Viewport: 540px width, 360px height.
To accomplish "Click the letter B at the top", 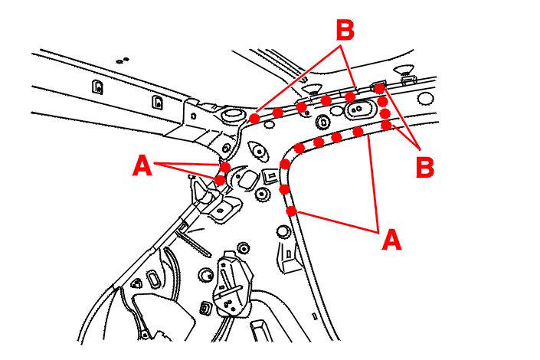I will coord(345,31).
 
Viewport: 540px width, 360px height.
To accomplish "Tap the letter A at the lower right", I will coord(391,241).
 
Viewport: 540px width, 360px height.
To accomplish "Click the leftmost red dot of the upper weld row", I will coord(254,118).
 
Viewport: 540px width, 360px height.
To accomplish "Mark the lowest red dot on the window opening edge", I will coord(291,211).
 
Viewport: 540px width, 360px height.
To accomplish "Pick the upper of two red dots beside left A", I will coord(225,167).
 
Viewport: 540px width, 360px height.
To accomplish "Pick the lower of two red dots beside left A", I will coord(220,181).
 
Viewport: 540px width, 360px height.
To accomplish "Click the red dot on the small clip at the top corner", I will coord(379,89).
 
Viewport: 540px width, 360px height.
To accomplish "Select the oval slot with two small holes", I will coord(357,110).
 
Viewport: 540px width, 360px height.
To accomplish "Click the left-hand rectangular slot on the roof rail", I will coord(97,86).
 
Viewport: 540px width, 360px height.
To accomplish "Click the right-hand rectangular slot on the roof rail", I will coord(157,102).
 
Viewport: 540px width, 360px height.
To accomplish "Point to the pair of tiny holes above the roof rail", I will coord(121,59).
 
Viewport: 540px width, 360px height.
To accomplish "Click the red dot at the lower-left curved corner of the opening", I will coord(286,164).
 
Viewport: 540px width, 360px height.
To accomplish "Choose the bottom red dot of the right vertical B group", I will coord(386,125).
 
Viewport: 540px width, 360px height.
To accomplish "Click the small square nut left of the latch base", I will coord(205,309).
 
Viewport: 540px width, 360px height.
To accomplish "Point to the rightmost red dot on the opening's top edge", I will coord(358,133).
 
